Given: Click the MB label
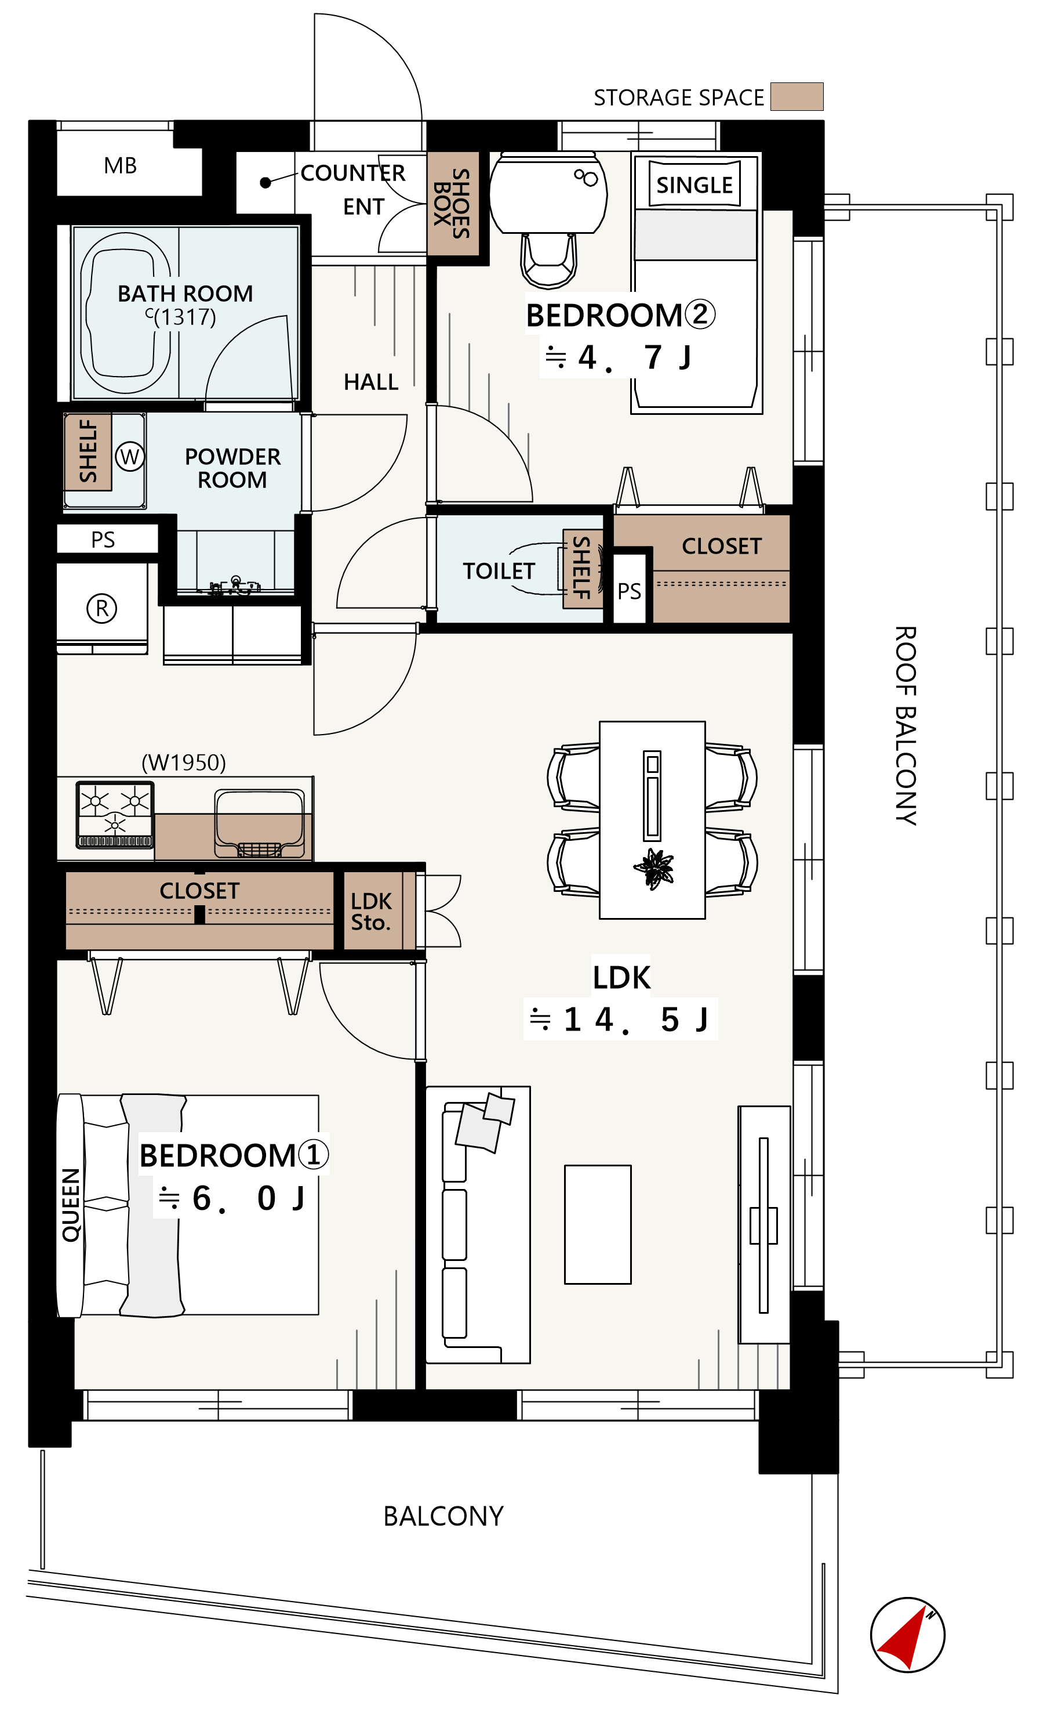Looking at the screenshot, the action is click(120, 165).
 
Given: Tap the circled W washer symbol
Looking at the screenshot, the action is click(130, 457).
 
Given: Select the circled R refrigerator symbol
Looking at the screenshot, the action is click(101, 608).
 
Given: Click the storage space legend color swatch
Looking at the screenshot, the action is click(797, 97).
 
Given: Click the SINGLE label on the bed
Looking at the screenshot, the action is click(694, 185).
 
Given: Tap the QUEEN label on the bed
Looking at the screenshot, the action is click(71, 1205).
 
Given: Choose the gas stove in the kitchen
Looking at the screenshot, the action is click(115, 815).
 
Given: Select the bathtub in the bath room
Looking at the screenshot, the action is click(126, 313).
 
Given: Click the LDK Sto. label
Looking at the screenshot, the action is click(371, 912).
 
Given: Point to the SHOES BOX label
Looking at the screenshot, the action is click(452, 204).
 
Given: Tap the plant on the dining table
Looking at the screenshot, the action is click(653, 869).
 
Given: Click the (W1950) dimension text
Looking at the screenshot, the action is click(183, 762).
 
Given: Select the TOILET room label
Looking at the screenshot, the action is click(499, 572).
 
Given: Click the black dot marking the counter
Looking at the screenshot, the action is click(265, 183).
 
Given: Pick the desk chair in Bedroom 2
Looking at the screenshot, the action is click(549, 261).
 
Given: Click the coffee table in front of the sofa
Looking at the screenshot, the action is click(598, 1224).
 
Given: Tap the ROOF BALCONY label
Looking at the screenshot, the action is click(906, 726).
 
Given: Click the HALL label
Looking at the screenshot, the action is click(371, 382).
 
